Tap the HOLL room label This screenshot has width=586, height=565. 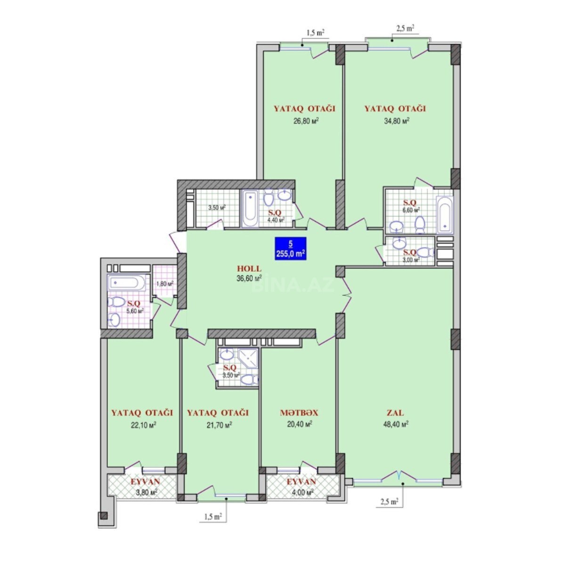click(249, 268)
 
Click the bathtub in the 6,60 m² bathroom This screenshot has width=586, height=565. click(445, 214)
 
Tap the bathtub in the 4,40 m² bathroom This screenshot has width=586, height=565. click(250, 208)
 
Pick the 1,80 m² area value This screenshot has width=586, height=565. click(165, 283)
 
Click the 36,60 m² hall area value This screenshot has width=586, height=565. click(249, 278)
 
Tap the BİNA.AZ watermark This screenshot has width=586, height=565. click(293, 284)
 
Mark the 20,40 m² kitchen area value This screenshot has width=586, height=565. click(299, 424)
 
